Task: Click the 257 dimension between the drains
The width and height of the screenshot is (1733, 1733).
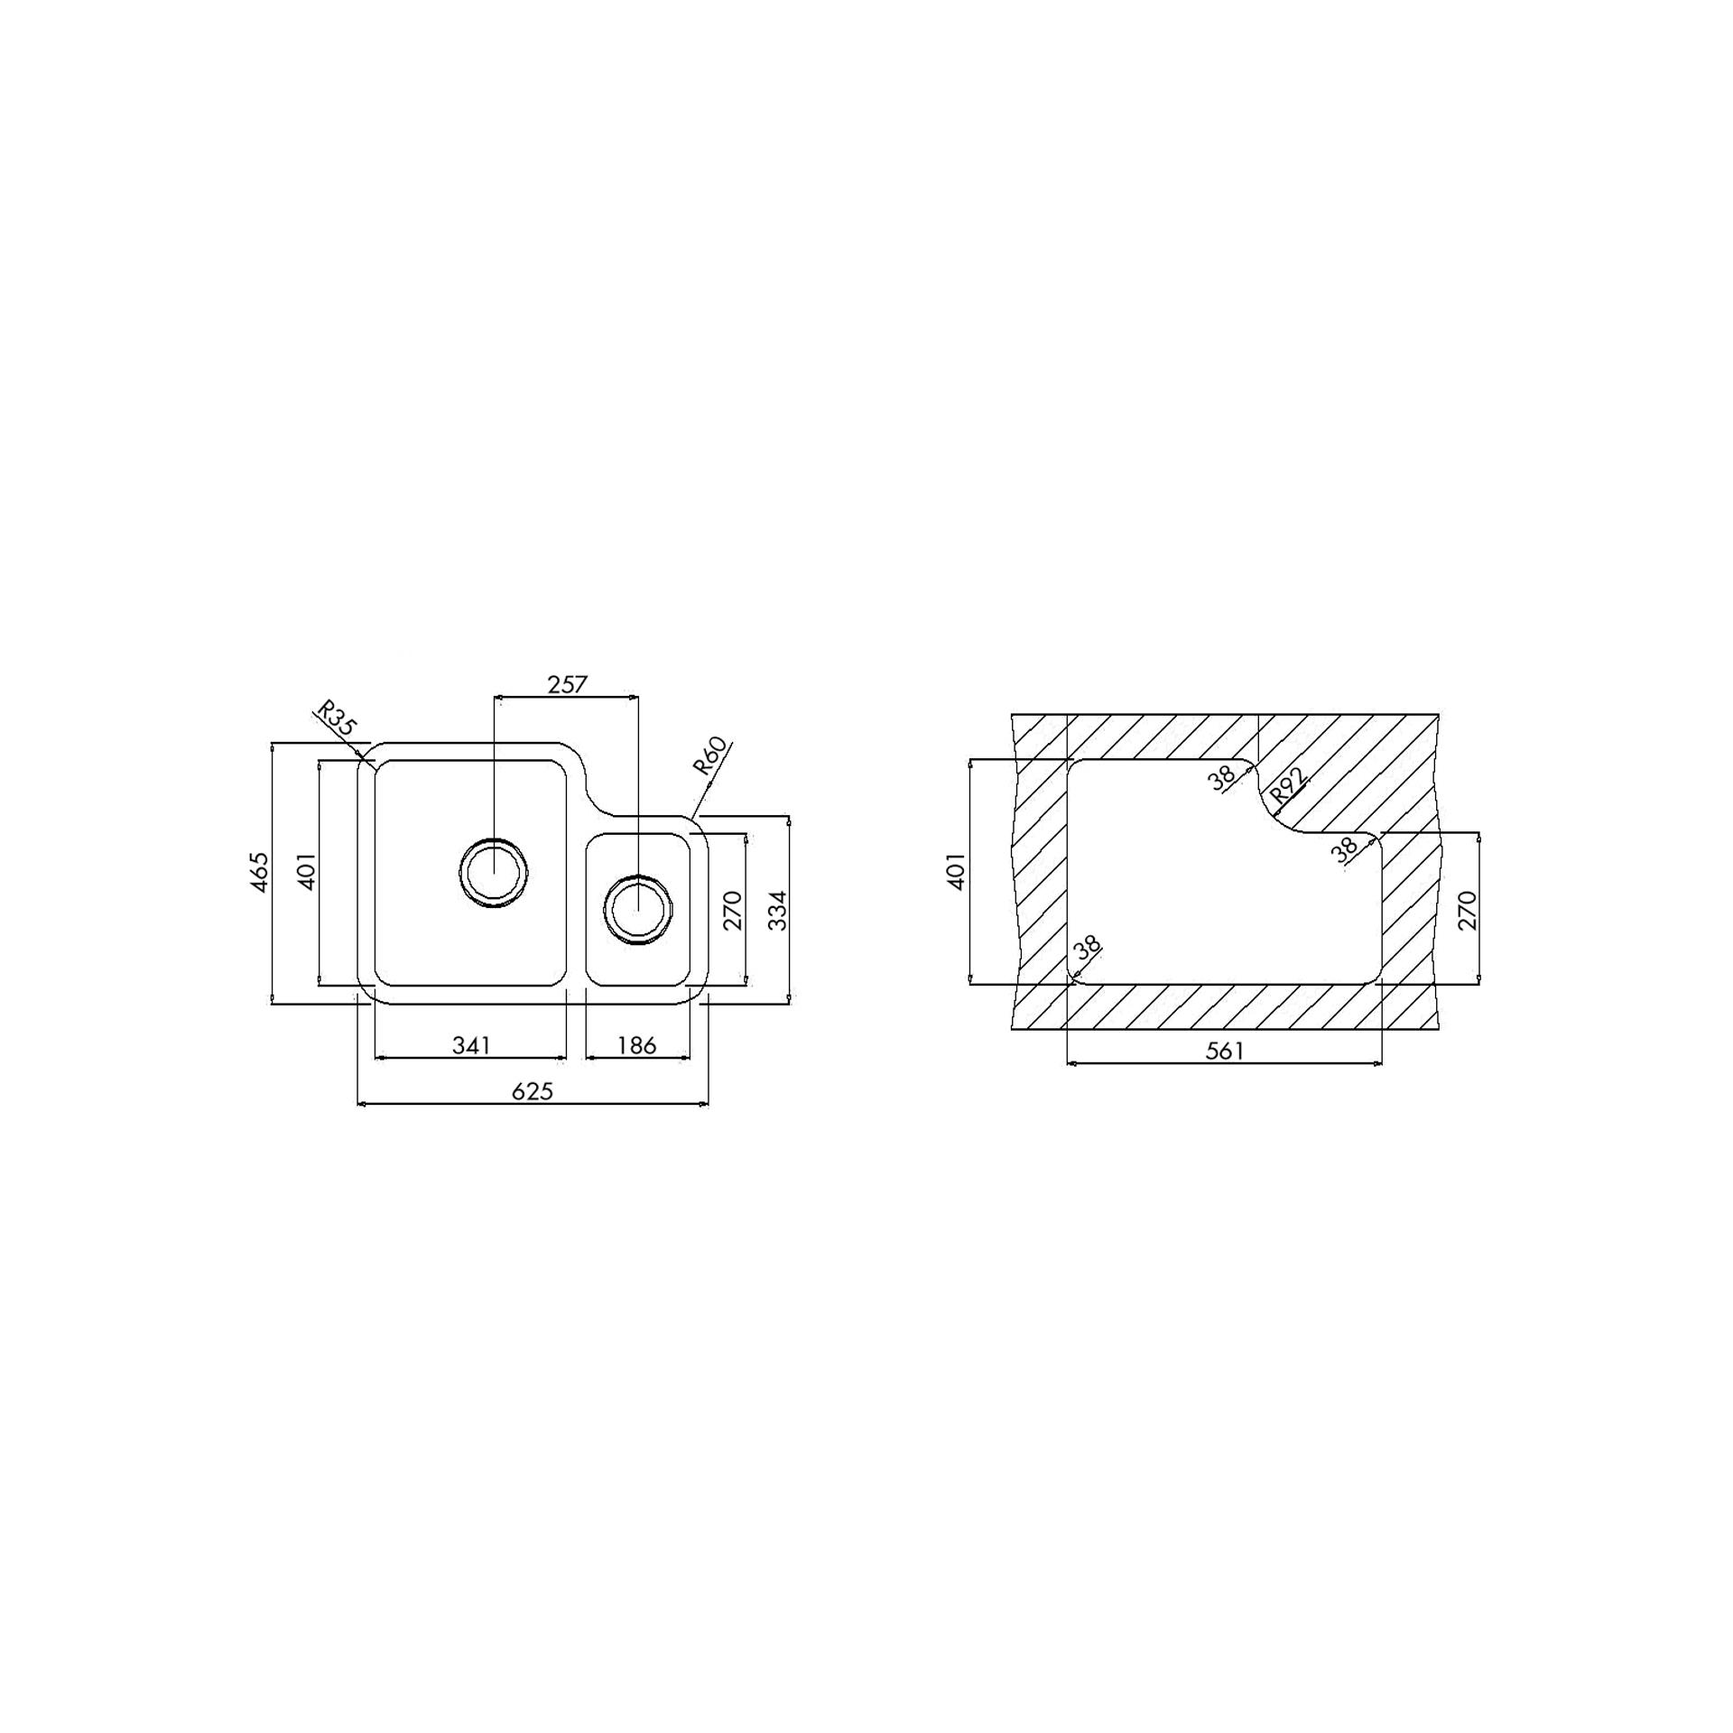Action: pyautogui.click(x=567, y=684)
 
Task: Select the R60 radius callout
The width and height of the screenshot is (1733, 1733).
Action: pyautogui.click(x=709, y=756)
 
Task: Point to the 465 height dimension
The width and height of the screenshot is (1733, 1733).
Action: pyautogui.click(x=259, y=872)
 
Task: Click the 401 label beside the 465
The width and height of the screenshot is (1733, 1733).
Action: pyautogui.click(x=307, y=872)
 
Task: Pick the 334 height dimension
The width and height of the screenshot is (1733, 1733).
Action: pyautogui.click(x=777, y=910)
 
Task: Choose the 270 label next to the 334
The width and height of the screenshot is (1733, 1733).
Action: pyautogui.click(x=732, y=910)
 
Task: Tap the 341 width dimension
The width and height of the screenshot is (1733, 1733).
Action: pyautogui.click(x=471, y=1045)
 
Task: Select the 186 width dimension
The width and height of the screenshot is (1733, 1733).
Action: pyautogui.click(x=637, y=1045)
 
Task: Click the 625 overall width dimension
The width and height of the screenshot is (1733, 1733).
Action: pyautogui.click(x=533, y=1091)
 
